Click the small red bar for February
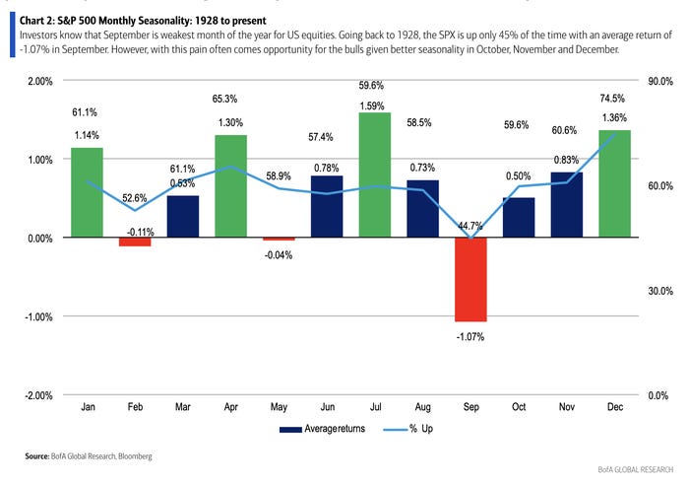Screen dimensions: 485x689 click(x=135, y=242)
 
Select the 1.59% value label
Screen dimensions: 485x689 click(x=375, y=104)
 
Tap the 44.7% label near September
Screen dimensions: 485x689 click(x=470, y=226)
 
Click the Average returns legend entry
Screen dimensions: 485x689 click(x=314, y=430)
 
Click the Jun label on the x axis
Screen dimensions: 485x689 click(x=327, y=405)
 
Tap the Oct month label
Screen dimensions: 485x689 click(x=519, y=405)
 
